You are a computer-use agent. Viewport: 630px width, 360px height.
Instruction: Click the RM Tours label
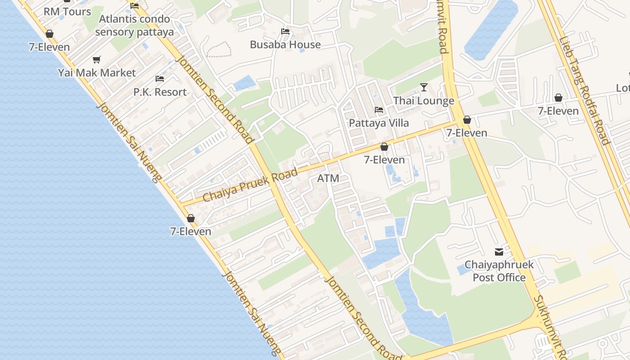pos(67,12)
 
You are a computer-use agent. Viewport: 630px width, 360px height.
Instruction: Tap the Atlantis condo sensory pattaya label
pos(134,26)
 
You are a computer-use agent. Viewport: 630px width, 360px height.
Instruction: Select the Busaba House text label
pos(285,45)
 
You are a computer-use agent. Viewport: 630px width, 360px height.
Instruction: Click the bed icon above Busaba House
pos(285,31)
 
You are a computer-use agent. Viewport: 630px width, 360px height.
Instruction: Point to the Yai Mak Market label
pos(97,73)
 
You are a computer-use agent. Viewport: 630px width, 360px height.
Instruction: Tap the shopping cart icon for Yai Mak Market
pos(96,60)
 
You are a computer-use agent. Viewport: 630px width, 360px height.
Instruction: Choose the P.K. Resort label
pos(160,92)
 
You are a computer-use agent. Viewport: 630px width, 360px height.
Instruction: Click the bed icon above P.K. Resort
pos(160,79)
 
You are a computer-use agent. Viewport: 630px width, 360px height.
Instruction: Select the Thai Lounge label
pos(424,101)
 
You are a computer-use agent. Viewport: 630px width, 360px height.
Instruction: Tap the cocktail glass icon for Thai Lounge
pos(423,87)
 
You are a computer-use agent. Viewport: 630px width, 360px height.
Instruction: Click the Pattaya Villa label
pos(379,123)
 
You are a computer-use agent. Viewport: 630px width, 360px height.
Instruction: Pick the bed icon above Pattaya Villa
pos(379,110)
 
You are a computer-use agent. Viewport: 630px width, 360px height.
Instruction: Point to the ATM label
pos(328,178)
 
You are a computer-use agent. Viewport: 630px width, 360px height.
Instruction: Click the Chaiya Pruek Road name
pos(250,185)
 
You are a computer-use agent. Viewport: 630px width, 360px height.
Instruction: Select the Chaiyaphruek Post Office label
pos(499,271)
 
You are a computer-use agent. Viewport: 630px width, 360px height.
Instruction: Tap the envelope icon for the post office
pos(499,252)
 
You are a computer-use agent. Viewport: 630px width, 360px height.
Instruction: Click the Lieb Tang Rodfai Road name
pos(584,90)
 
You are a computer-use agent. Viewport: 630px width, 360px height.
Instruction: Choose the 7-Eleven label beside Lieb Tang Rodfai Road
pos(558,111)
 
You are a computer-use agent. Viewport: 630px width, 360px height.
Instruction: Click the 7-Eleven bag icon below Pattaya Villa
pos(384,147)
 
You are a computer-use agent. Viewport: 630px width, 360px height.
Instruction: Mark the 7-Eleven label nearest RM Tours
pos(49,47)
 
